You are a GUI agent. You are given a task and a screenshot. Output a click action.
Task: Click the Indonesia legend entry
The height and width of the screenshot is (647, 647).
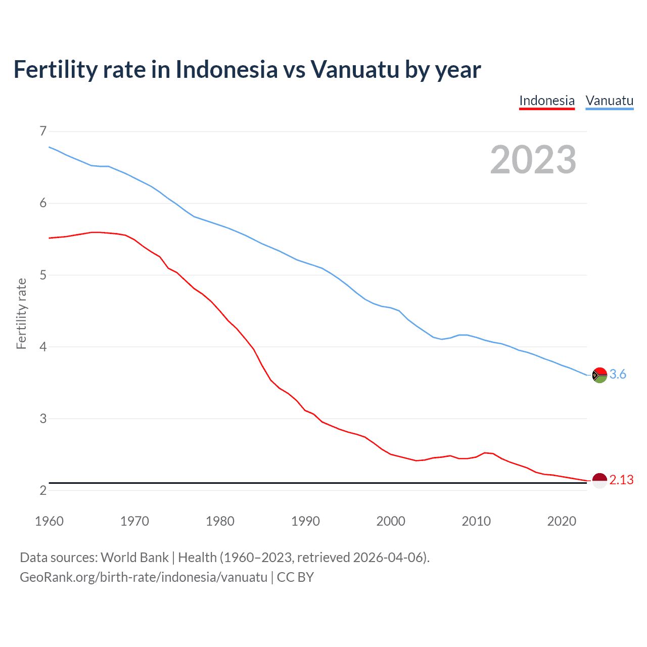pyautogui.click(x=547, y=101)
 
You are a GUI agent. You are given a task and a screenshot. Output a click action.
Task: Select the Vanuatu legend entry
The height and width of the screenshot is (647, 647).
pyautogui.click(x=609, y=101)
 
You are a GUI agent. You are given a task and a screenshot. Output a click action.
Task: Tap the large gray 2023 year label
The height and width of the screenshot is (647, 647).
pyautogui.click(x=533, y=160)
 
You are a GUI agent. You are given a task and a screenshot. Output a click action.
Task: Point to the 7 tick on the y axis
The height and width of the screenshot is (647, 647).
pyautogui.click(x=43, y=131)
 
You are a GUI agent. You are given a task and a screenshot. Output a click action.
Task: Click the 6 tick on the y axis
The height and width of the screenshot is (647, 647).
pyautogui.click(x=43, y=203)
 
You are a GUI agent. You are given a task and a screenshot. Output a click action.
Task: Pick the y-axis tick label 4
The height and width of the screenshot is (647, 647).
pyautogui.click(x=43, y=347)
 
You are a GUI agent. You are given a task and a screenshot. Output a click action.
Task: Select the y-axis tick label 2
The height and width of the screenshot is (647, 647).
pyautogui.click(x=43, y=490)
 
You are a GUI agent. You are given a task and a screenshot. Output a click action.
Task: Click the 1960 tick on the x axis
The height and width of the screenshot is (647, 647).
pyautogui.click(x=49, y=521)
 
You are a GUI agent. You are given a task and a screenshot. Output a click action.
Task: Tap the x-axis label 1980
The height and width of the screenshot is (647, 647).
pyautogui.click(x=220, y=521)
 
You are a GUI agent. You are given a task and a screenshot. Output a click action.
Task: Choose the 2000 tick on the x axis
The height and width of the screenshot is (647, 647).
pyautogui.click(x=391, y=521)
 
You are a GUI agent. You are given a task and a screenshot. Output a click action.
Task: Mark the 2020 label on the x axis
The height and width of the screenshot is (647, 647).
pyautogui.click(x=562, y=521)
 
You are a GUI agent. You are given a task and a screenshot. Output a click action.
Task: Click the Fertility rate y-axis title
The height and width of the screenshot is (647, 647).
pyautogui.click(x=21, y=313)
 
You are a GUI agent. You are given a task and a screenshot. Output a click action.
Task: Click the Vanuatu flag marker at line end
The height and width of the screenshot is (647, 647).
pyautogui.click(x=599, y=375)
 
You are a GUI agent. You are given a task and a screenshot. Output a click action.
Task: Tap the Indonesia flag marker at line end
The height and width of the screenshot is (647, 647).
pyautogui.click(x=599, y=480)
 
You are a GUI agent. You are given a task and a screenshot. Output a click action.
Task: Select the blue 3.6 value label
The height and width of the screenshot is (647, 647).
pyautogui.click(x=618, y=375)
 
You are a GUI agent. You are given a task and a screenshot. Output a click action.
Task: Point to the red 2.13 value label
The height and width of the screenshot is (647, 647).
pyautogui.click(x=621, y=480)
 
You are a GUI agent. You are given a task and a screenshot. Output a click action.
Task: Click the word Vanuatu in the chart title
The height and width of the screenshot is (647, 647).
pyautogui.click(x=355, y=69)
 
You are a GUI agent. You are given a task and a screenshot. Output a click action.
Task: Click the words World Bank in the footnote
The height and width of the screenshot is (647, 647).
pyautogui.click(x=134, y=558)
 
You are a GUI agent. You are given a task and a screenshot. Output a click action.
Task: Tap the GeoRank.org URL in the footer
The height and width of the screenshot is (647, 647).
pyautogui.click(x=144, y=577)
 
